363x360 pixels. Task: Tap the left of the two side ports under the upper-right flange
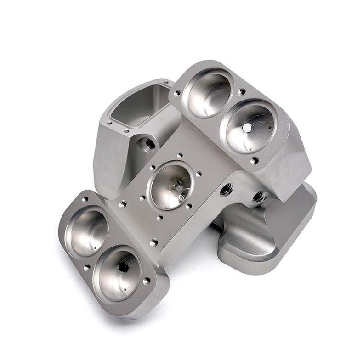pyautogui.click(x=227, y=189)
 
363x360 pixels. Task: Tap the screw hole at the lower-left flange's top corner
pyautogui.click(x=85, y=199)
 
